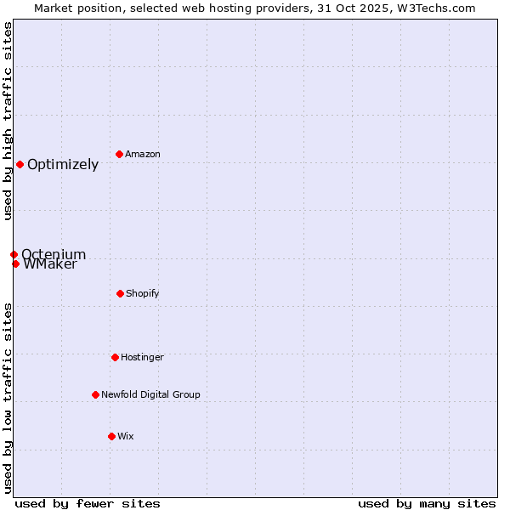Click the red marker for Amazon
tap(119, 154)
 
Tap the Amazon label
tap(143, 154)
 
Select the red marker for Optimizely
tap(20, 164)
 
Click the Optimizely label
tap(63, 164)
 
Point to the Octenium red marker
tap(14, 254)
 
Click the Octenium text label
tap(54, 254)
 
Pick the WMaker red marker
tap(15, 263)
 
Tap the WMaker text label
tap(50, 264)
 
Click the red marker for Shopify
tap(120, 293)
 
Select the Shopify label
tap(143, 293)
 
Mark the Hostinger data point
tap(115, 357)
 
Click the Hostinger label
tap(142, 357)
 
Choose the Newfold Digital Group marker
tap(95, 394)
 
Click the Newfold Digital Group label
tap(150, 394)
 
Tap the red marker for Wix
tap(111, 436)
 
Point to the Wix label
tap(126, 436)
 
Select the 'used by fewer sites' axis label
tap(88, 503)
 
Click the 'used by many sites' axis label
tap(427, 503)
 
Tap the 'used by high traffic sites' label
tap(8, 121)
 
